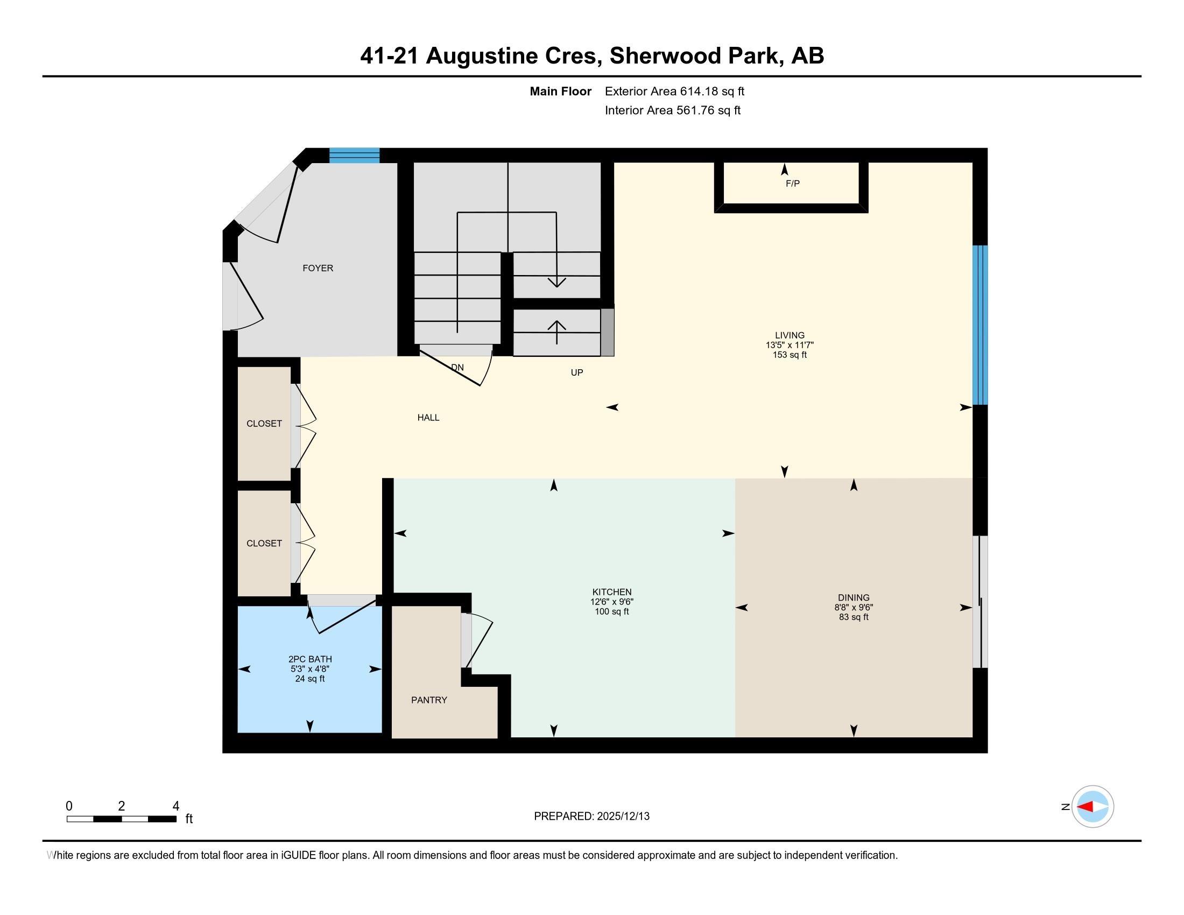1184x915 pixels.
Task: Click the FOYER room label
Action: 318,268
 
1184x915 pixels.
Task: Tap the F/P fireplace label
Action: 792,184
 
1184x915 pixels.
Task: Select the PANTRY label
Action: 429,700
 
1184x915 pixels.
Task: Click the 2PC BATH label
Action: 309,659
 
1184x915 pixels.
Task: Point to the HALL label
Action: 428,417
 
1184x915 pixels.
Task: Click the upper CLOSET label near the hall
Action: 264,424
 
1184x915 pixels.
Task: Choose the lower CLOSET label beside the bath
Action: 264,543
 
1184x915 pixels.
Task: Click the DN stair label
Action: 457,368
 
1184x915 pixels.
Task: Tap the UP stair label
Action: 576,372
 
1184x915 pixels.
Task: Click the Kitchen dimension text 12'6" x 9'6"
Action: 611,602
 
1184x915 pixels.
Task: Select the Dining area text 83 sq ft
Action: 854,617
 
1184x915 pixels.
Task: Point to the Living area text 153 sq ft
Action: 790,355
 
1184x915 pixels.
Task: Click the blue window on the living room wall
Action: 979,325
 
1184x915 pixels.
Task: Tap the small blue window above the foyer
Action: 354,156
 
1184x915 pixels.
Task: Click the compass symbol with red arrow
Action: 1093,806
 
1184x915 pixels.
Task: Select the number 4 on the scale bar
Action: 175,806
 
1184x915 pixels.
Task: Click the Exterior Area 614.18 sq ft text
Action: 674,91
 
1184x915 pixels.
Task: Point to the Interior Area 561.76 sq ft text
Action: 672,110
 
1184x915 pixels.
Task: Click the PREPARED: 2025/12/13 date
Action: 591,817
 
